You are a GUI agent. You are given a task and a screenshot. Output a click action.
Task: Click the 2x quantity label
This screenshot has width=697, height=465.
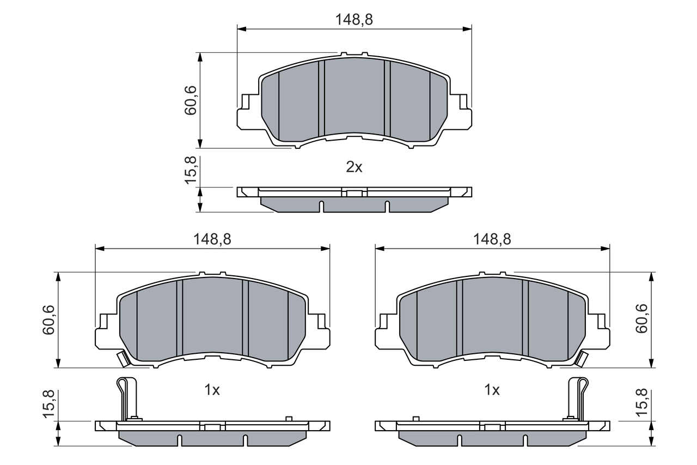[354, 167]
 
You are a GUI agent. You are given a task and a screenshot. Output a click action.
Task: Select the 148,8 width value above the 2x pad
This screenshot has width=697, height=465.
[354, 19]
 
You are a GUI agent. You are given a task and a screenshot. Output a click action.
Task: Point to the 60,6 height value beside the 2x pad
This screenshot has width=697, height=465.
[190, 100]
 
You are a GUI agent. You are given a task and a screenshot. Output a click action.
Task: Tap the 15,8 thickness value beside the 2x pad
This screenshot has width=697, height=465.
[190, 170]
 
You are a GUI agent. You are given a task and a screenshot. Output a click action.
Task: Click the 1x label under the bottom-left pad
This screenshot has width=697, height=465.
[212, 390]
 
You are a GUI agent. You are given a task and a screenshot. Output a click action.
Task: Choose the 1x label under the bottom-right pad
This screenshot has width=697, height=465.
[492, 390]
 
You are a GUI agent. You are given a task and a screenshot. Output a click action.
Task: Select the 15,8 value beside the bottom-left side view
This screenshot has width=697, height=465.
[48, 403]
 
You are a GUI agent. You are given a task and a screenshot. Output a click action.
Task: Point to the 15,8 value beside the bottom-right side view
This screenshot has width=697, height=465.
[642, 403]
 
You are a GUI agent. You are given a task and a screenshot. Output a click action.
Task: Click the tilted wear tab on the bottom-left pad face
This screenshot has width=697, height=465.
[123, 359]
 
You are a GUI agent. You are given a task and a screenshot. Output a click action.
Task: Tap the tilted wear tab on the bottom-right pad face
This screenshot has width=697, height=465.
[582, 359]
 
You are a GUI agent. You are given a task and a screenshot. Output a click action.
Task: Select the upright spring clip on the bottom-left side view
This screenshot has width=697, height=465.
[126, 398]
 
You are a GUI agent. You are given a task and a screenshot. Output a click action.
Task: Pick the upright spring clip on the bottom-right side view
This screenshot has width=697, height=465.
[577, 398]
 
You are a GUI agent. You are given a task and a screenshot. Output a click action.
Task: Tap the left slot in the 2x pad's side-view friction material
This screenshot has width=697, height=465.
[321, 206]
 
